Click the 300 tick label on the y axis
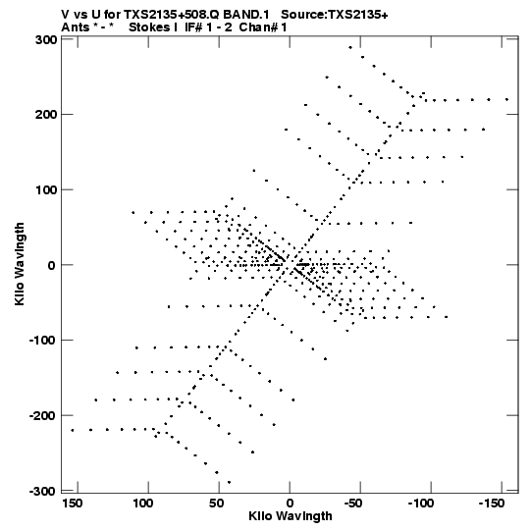point(46,40)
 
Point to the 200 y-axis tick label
point(46,115)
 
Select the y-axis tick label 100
point(46,189)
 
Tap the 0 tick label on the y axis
point(52,265)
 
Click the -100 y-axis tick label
point(42,341)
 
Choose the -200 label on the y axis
point(42,415)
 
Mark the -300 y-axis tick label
point(42,491)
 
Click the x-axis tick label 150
point(72,504)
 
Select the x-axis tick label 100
point(142,504)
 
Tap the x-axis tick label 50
point(216,504)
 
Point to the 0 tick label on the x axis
point(290,504)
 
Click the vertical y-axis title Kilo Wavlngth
point(20,264)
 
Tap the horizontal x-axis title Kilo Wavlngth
point(291,516)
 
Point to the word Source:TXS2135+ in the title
point(335,15)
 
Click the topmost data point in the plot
point(350,48)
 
